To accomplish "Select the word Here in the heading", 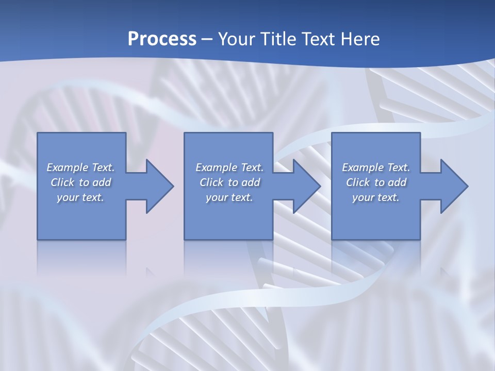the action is click(360, 39).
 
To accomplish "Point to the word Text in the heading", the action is click(319, 39).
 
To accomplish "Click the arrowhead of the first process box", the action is click(160, 186).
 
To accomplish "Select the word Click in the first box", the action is click(62, 182).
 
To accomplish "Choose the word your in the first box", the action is click(67, 198).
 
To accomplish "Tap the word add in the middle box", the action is click(251, 182).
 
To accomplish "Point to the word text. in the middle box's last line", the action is click(241, 197).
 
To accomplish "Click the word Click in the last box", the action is click(358, 182).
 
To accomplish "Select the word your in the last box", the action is click(362, 198).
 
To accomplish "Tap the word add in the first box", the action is click(102, 182).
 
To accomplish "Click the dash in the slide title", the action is click(207, 40).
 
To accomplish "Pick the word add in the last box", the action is click(398, 182).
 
